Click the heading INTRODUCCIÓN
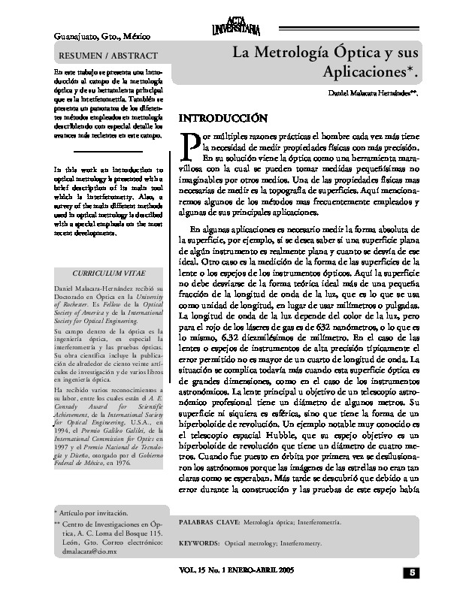click(222, 118)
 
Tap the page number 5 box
click(413, 573)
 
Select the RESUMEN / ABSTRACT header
click(108, 56)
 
